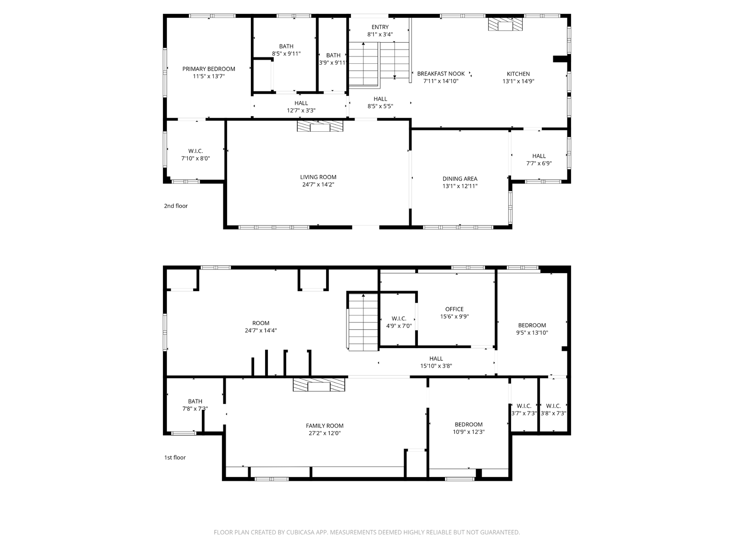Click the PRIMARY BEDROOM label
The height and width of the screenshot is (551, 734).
click(x=209, y=69)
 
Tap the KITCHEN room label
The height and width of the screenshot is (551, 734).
click(x=518, y=74)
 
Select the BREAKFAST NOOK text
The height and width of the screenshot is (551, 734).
click(x=441, y=73)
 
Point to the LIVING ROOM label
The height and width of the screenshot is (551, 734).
click(x=318, y=177)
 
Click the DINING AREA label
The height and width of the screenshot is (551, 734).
click(x=460, y=179)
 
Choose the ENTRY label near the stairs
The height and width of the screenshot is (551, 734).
click(x=380, y=27)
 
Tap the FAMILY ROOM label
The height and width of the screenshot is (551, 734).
click(x=324, y=426)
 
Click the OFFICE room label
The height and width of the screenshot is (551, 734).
click(x=454, y=309)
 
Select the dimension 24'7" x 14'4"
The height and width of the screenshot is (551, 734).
click(x=261, y=331)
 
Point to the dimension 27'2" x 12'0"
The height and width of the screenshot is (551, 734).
click(x=324, y=433)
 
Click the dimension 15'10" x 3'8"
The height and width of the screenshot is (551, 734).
click(x=436, y=366)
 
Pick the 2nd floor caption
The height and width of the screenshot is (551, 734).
click(x=176, y=206)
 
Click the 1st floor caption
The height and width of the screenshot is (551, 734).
click(x=175, y=457)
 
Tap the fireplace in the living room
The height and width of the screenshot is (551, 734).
click(x=320, y=126)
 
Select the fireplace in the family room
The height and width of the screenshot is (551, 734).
click(x=319, y=385)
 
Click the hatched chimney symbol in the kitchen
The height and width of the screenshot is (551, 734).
click(x=505, y=24)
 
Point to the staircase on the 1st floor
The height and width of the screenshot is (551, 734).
click(x=363, y=322)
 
